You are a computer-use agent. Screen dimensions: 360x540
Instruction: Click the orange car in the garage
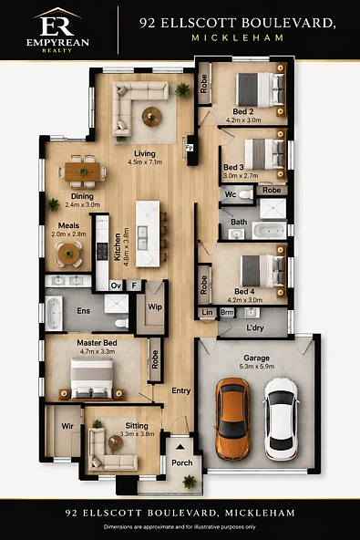tap(232, 419)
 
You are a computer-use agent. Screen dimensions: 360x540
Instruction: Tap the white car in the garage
tap(281, 419)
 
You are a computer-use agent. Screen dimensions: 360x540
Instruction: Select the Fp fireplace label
tap(190, 148)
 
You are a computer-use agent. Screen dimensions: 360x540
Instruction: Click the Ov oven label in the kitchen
tap(116, 286)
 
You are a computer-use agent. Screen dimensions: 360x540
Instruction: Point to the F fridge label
tap(134, 286)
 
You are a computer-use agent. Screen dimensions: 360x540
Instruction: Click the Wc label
tap(231, 194)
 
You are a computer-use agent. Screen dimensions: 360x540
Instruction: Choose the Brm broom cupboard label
tap(227, 312)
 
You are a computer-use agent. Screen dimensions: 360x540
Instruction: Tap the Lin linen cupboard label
tap(207, 312)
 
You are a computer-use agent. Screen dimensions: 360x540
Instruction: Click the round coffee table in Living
tap(152, 117)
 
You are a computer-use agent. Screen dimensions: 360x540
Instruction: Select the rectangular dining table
tap(82, 171)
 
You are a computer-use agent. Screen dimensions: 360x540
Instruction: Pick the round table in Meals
tap(69, 254)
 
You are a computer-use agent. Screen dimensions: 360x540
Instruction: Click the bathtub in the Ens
tap(54, 313)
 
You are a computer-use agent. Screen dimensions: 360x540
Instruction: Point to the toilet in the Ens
tap(121, 323)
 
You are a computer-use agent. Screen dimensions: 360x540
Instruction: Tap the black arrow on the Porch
tap(180, 447)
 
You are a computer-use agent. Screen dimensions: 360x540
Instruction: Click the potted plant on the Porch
tap(189, 482)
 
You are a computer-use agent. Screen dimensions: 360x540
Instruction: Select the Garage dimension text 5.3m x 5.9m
tap(257, 367)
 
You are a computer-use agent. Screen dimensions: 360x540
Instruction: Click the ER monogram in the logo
tap(57, 26)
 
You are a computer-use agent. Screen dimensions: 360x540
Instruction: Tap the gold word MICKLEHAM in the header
tap(238, 38)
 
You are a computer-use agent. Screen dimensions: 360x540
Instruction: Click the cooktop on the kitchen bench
tap(102, 251)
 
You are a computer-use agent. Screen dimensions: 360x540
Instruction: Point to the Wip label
tap(155, 306)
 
